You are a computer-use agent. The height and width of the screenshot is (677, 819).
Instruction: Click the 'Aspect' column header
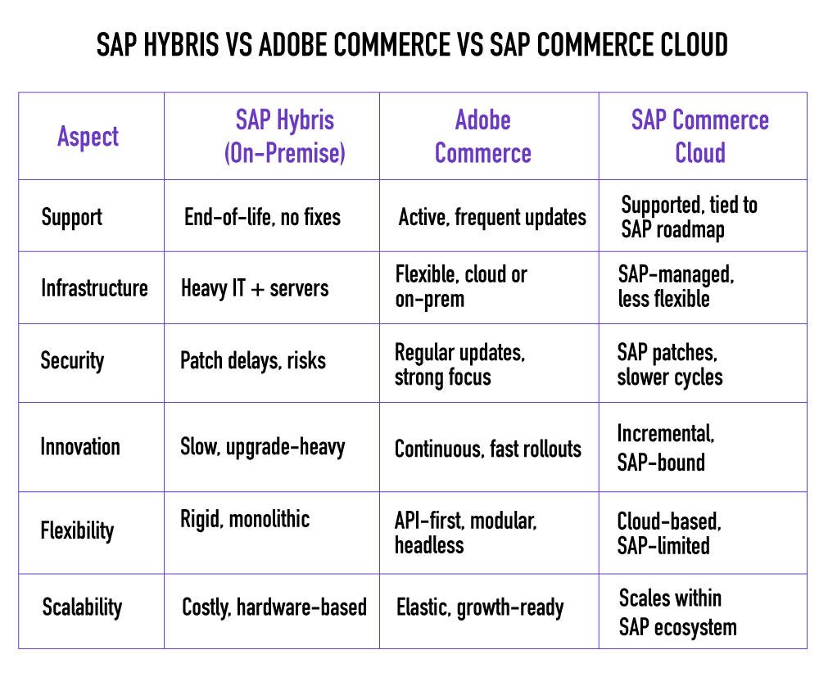[88, 137]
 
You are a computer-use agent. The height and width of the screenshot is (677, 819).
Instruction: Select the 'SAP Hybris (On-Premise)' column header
[284, 137]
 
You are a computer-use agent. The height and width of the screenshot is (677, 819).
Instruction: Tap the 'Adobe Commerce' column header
[482, 137]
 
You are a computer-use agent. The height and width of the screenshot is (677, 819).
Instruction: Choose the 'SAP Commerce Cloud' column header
[699, 137]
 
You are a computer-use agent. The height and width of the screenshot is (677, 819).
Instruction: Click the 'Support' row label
[71, 217]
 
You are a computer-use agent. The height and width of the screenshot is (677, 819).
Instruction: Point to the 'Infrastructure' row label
[94, 288]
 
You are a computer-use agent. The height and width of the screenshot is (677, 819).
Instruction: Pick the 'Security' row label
[72, 360]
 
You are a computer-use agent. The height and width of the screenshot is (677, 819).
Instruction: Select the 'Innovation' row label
[80, 447]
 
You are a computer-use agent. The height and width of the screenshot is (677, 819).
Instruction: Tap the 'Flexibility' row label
[77, 530]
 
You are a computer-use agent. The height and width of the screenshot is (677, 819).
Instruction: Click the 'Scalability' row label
[82, 607]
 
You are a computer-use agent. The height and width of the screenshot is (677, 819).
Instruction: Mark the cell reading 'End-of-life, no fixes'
[262, 217]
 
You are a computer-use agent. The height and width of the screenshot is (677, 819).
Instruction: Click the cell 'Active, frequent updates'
[492, 218]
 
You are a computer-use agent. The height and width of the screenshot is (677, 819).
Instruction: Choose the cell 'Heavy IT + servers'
[255, 288]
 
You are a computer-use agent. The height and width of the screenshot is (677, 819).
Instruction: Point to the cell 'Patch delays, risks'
[253, 361]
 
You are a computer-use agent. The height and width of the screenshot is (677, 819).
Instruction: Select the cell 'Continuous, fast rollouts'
[488, 449]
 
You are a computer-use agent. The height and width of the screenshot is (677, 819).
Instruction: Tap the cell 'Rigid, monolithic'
[245, 519]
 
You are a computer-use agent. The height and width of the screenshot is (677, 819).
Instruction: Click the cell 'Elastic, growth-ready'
[480, 607]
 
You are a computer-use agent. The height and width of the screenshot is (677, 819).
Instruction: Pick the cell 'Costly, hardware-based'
[274, 607]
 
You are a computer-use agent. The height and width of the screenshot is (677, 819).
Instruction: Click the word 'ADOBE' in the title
[294, 45]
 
